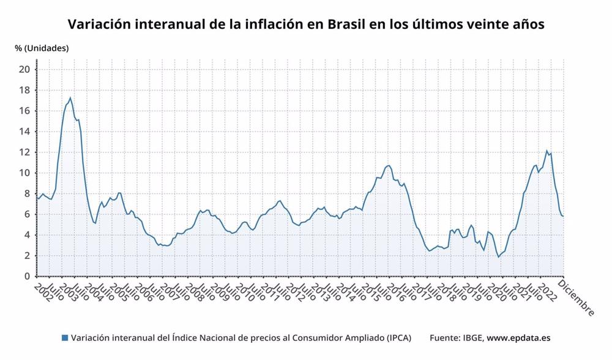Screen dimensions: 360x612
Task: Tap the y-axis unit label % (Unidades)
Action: (x=42, y=48)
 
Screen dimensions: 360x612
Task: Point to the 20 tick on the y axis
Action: (x=24, y=69)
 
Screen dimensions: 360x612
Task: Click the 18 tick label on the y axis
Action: (x=24, y=90)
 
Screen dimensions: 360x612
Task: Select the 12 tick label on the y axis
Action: (x=24, y=152)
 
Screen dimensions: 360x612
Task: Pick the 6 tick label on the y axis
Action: (x=27, y=214)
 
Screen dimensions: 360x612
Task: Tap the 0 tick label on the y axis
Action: (x=27, y=276)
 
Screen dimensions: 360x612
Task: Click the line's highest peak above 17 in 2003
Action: (x=70, y=97)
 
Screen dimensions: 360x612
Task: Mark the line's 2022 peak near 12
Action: (x=547, y=150)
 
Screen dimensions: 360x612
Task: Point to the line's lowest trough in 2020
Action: (x=498, y=257)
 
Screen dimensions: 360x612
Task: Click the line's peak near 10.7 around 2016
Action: (x=389, y=165)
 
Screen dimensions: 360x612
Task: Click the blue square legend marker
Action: (x=65, y=338)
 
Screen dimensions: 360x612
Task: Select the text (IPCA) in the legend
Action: (x=398, y=338)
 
